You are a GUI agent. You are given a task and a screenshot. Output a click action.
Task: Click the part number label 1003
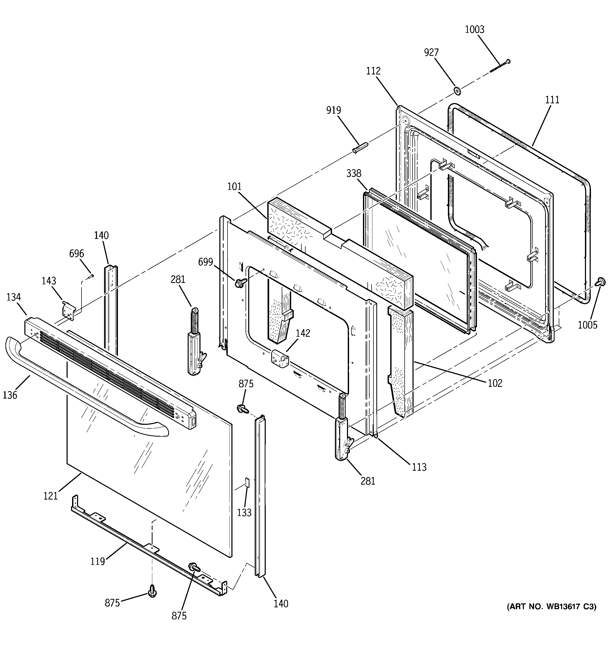coord(474,30)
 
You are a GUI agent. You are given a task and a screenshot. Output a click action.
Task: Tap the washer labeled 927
coord(457,91)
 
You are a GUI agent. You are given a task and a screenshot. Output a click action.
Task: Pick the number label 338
coord(354,173)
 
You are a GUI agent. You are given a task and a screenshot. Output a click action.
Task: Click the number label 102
coord(495,383)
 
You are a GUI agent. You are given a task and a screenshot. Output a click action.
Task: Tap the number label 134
coord(13,297)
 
